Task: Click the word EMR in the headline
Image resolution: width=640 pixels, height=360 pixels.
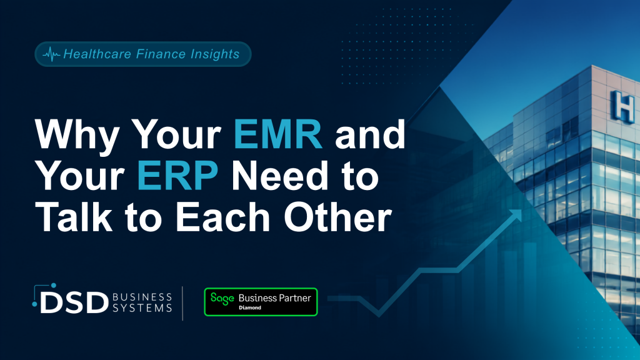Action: pyautogui.click(x=278, y=134)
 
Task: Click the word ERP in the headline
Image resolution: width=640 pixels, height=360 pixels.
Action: pyautogui.click(x=177, y=176)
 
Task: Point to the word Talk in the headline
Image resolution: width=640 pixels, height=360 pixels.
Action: pyautogui.click(x=74, y=217)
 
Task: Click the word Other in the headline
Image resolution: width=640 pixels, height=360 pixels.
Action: pyautogui.click(x=338, y=217)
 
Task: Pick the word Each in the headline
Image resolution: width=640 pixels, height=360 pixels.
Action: pyautogui.click(x=223, y=217)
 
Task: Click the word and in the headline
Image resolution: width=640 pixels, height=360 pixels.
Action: pyautogui.click(x=370, y=134)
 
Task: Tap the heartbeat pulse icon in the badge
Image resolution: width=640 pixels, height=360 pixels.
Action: pyautogui.click(x=51, y=54)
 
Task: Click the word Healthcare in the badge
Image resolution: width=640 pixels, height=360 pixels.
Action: pyautogui.click(x=97, y=54)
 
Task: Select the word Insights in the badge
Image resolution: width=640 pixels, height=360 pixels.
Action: pyautogui.click(x=215, y=54)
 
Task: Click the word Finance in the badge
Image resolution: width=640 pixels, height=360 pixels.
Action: pyautogui.click(x=161, y=54)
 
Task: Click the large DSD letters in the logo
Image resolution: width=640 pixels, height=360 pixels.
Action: pyautogui.click(x=74, y=302)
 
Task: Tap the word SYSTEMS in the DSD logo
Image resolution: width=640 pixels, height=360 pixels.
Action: pyautogui.click(x=142, y=307)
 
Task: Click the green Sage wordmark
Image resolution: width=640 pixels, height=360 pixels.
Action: pyautogui.click(x=222, y=299)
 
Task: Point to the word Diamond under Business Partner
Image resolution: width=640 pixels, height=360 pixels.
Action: pyautogui.click(x=250, y=307)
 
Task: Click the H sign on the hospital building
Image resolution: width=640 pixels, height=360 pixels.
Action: pyautogui.click(x=622, y=106)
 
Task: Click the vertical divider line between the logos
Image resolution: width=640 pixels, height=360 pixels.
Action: pyautogui.click(x=182, y=303)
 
